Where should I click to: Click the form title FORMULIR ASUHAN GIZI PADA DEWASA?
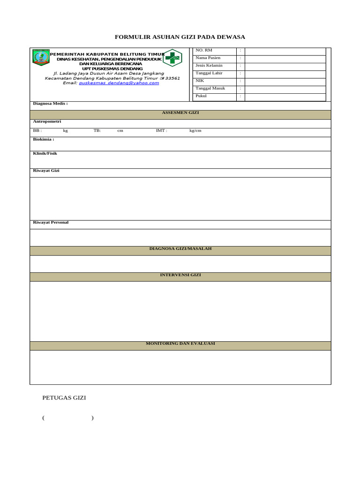(x=180, y=37)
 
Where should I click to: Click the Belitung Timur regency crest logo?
(x=41, y=57)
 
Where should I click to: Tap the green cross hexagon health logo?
(x=172, y=58)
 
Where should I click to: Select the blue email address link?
(x=119, y=83)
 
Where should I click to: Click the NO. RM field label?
(x=204, y=50)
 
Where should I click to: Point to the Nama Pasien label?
(x=208, y=58)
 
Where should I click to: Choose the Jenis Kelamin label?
(x=209, y=65)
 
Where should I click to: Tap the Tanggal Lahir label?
(x=209, y=73)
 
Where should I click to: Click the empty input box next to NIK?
(x=285, y=81)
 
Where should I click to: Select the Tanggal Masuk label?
(x=210, y=88)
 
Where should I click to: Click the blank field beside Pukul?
(x=285, y=97)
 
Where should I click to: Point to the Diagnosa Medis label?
(x=50, y=104)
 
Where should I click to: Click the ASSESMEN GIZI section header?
(x=180, y=113)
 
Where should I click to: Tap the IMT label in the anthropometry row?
(x=161, y=131)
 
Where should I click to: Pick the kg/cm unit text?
(x=195, y=131)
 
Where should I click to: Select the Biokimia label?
(x=43, y=139)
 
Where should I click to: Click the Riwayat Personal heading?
(x=51, y=222)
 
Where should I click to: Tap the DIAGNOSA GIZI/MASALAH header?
(x=180, y=248)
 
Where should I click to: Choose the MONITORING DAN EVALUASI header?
(x=180, y=344)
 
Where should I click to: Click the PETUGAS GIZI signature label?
(x=64, y=398)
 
